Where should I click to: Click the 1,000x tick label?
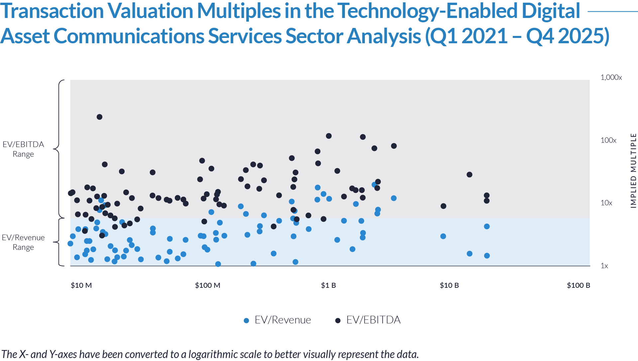tap(611, 78)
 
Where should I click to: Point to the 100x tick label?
tap(608, 140)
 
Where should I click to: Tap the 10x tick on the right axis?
tap(606, 203)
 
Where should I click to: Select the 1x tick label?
tap(604, 266)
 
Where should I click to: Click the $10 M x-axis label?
tap(81, 285)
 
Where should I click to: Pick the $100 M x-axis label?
tap(207, 285)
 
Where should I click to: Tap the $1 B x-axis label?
tap(328, 285)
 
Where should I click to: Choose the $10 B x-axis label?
tap(449, 285)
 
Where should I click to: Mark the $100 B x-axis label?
tap(578, 285)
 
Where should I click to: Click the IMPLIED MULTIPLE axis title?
tap(633, 171)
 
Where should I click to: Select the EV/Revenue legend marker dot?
tap(246, 321)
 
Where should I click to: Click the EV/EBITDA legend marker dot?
tap(338, 321)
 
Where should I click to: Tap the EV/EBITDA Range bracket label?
tap(23, 149)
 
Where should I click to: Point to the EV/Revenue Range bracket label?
tap(23, 242)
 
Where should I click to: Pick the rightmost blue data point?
tap(394, 198)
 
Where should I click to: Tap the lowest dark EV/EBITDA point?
tap(102, 236)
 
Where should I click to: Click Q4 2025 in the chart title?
tap(567, 36)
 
